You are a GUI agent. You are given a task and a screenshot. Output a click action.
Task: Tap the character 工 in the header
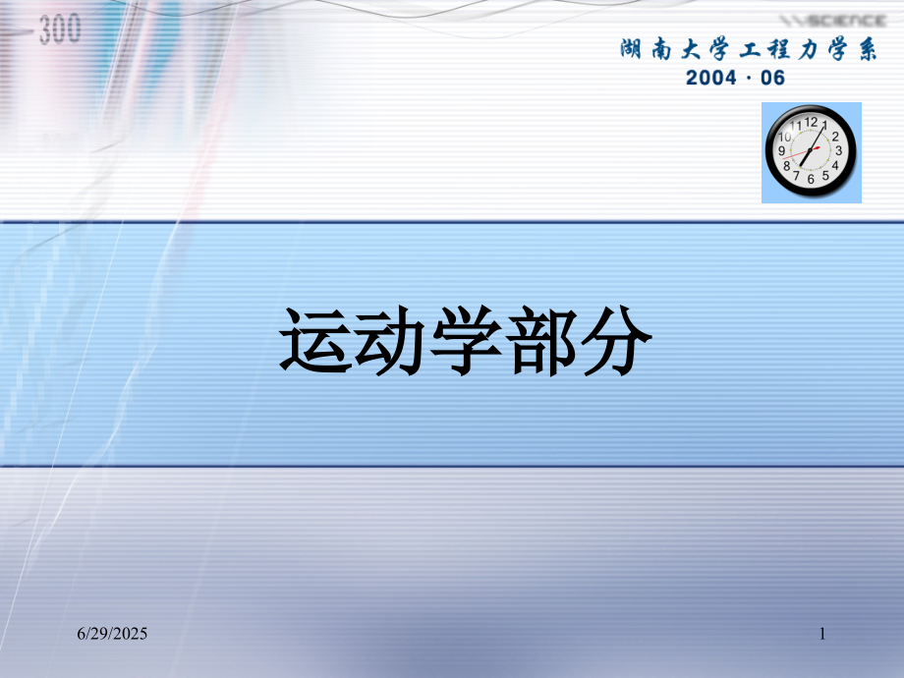click(x=736, y=48)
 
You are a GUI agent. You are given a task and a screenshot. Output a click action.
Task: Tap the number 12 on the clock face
click(x=811, y=123)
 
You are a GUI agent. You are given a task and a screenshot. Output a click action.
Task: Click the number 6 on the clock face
click(x=811, y=180)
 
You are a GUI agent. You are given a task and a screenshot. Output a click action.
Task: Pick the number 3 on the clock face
click(x=838, y=151)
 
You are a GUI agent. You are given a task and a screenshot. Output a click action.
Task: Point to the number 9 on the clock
click(x=782, y=151)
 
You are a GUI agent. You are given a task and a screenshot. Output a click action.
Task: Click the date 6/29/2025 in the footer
click(x=113, y=636)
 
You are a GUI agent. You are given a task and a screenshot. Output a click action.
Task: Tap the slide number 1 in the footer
click(x=821, y=636)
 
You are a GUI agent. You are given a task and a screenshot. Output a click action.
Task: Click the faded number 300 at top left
click(x=61, y=30)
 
